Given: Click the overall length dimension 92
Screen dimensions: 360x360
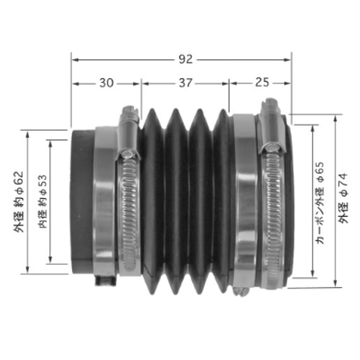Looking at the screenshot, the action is [185, 59].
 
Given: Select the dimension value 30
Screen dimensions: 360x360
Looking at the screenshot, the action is [106, 83].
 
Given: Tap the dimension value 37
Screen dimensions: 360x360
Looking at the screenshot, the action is [185, 83].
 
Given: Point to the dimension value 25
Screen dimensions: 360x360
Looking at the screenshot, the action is [262, 82].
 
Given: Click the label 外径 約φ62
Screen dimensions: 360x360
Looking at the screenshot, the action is [19, 202].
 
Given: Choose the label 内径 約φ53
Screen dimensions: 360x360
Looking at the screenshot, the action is [43, 202].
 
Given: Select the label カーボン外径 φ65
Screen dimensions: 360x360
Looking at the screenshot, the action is [320, 203].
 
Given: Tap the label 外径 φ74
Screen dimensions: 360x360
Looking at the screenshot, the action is [344, 198].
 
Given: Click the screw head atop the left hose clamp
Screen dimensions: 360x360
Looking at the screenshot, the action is [130, 111].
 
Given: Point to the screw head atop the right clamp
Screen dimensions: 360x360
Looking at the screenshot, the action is [270, 103].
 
